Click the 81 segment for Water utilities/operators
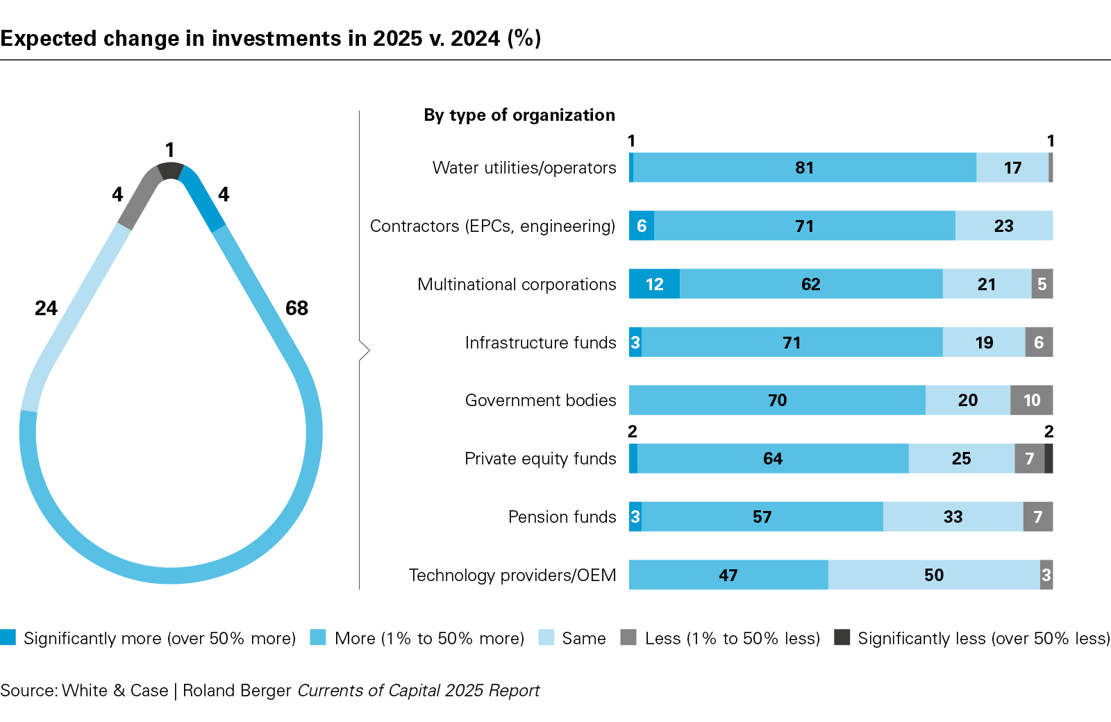(x=804, y=167)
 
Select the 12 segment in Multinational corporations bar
(x=654, y=284)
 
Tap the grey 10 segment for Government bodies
(x=1031, y=400)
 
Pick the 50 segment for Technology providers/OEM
(x=933, y=575)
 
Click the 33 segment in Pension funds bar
(x=953, y=517)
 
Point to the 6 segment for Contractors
(x=642, y=226)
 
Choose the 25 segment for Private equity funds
(x=961, y=458)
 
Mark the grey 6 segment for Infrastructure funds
(x=1039, y=342)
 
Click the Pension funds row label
(x=562, y=517)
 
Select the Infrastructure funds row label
(x=540, y=343)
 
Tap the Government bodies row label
(x=540, y=401)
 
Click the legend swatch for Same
(x=546, y=637)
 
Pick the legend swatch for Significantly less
(x=842, y=637)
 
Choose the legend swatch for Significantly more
(x=8, y=637)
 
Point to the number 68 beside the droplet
(x=296, y=308)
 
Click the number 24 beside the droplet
(x=46, y=308)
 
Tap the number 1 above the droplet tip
(x=169, y=150)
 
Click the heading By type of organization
(x=519, y=115)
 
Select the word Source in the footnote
(x=28, y=691)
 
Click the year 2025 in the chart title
(x=397, y=38)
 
